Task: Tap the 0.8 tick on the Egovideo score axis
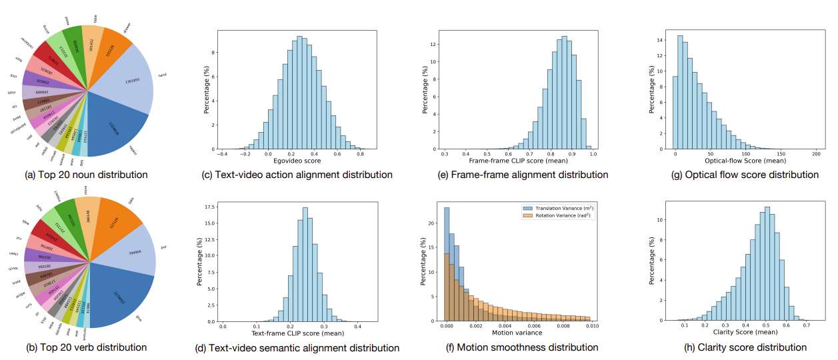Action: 360,153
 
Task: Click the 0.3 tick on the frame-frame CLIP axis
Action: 443,153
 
